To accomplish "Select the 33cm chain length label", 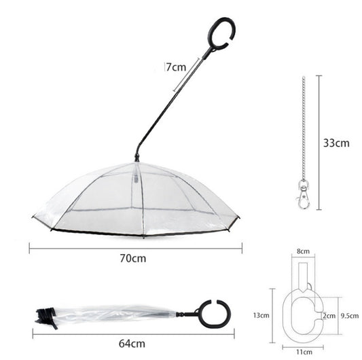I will (x=336, y=143).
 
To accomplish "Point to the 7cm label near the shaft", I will (x=176, y=67).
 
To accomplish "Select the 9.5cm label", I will (x=349, y=315).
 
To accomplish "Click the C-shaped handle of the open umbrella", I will (x=221, y=35).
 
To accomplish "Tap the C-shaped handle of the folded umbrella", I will (x=214, y=314).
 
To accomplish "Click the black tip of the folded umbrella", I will (x=46, y=314).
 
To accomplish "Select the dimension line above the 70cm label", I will (x=135, y=249).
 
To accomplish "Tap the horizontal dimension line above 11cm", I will (x=304, y=346).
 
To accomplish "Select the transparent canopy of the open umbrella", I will (x=136, y=200).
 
